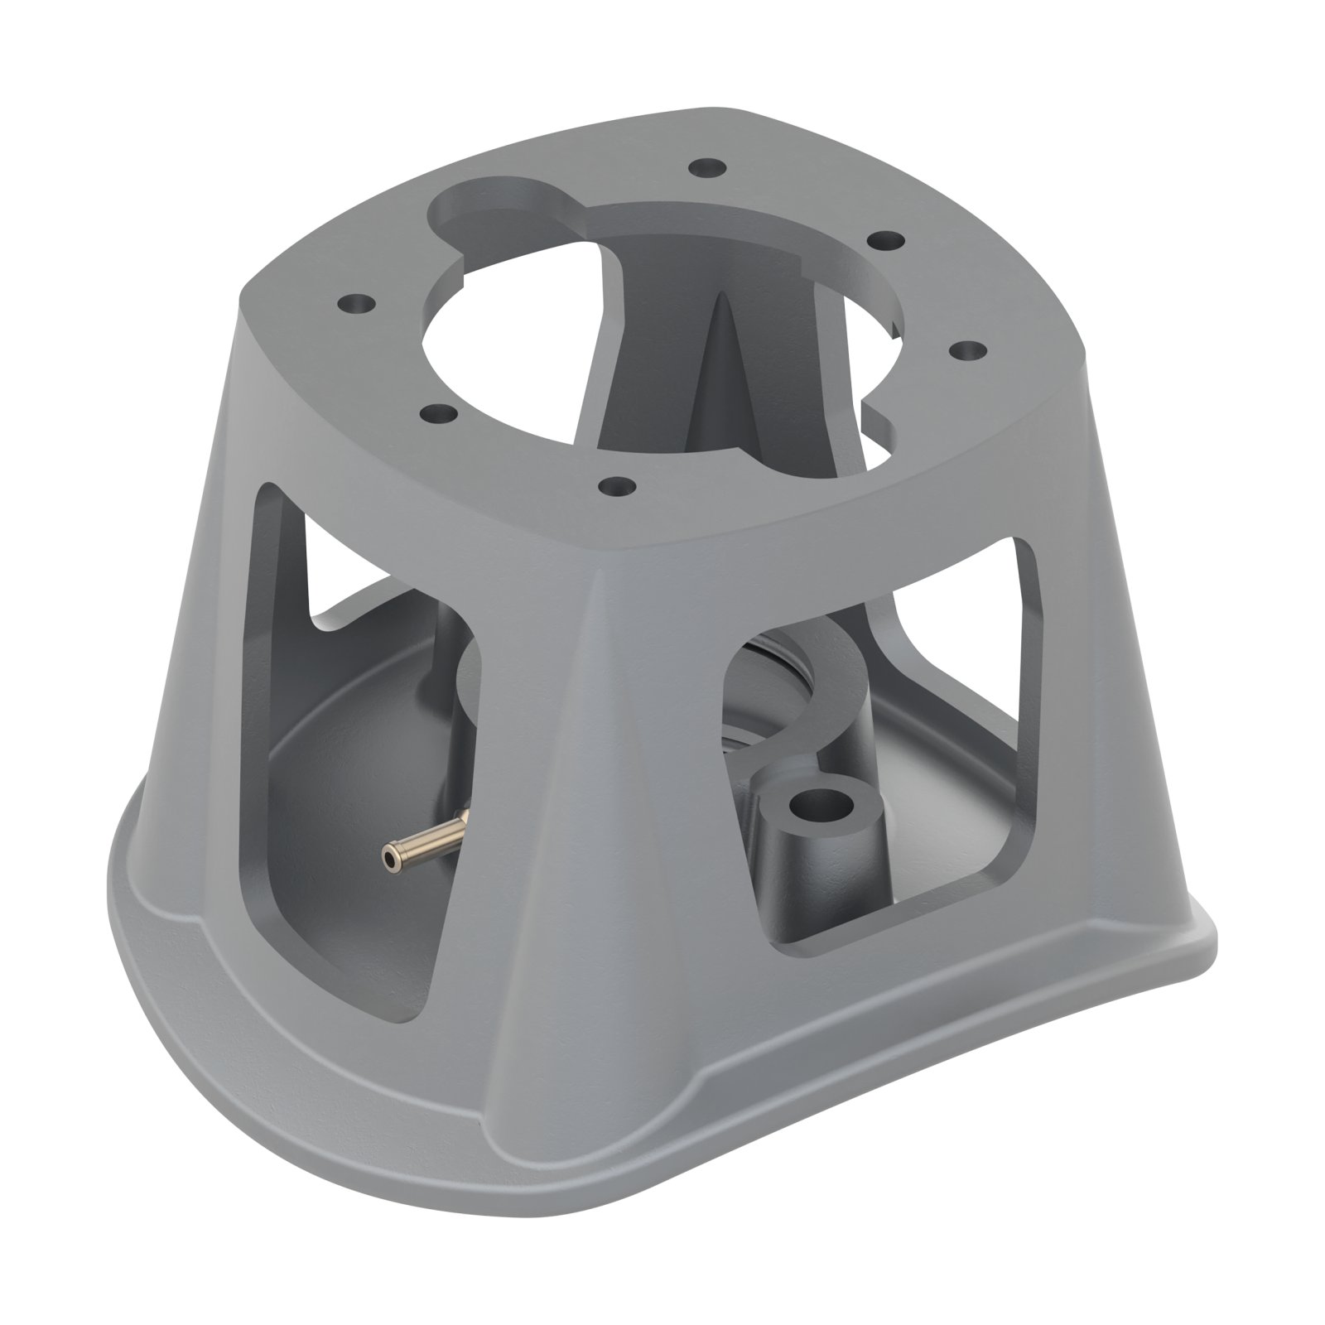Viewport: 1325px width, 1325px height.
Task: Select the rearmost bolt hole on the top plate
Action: [706, 167]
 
